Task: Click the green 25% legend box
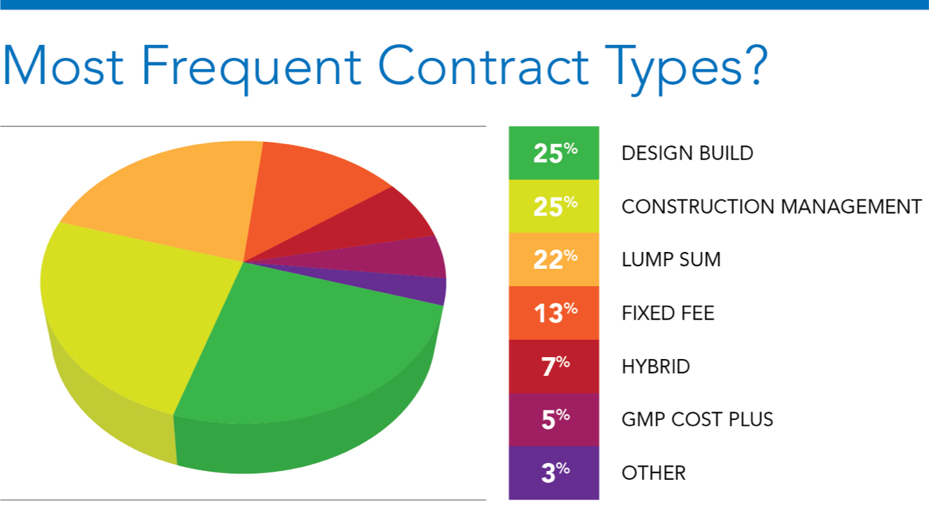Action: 554,153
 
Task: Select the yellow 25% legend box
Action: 554,206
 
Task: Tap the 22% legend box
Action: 554,259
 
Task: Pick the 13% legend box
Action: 554,313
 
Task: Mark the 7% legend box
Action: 554,366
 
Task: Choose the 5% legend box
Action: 554,419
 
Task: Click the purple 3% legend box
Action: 554,472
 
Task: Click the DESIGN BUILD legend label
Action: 687,153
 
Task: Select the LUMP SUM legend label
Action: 670,259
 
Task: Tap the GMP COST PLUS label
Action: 697,419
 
